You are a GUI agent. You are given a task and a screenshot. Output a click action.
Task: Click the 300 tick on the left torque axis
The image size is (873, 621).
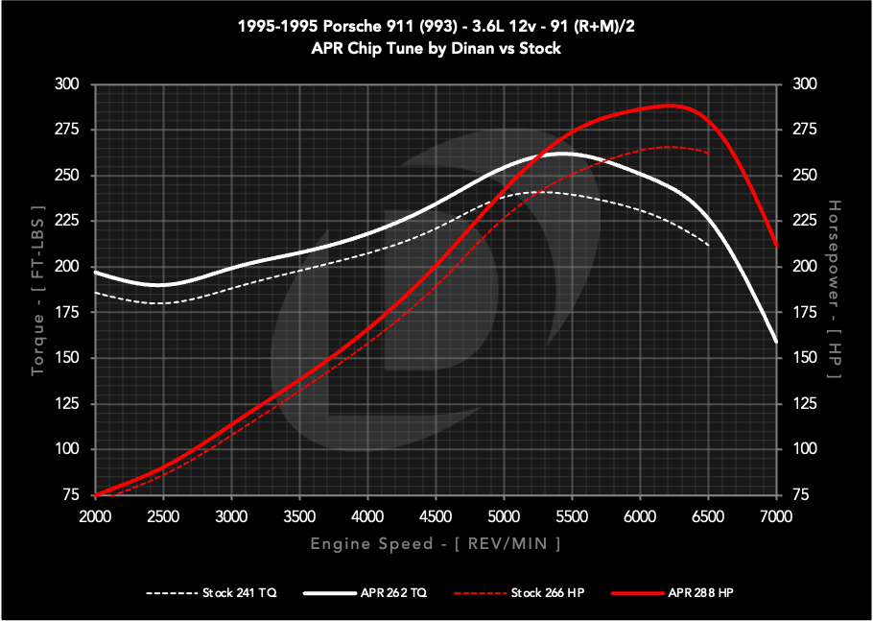[x=67, y=84]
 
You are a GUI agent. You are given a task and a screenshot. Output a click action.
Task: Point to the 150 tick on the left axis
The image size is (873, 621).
[x=67, y=358]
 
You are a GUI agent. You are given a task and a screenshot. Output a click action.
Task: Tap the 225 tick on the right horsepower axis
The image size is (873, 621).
[x=803, y=221]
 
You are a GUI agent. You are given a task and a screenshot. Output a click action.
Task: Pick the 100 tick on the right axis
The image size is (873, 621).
[x=803, y=449]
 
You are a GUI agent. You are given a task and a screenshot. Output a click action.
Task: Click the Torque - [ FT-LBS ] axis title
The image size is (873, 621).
[x=37, y=289]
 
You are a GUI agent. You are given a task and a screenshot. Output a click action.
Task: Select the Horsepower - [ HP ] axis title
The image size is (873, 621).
[x=834, y=289]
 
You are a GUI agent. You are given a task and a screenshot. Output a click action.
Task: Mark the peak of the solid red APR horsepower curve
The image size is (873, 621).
[x=669, y=105]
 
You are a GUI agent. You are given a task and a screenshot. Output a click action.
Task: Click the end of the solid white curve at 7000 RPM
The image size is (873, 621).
[x=775, y=342]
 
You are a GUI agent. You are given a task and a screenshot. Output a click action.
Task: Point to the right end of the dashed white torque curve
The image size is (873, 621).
[x=708, y=246]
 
